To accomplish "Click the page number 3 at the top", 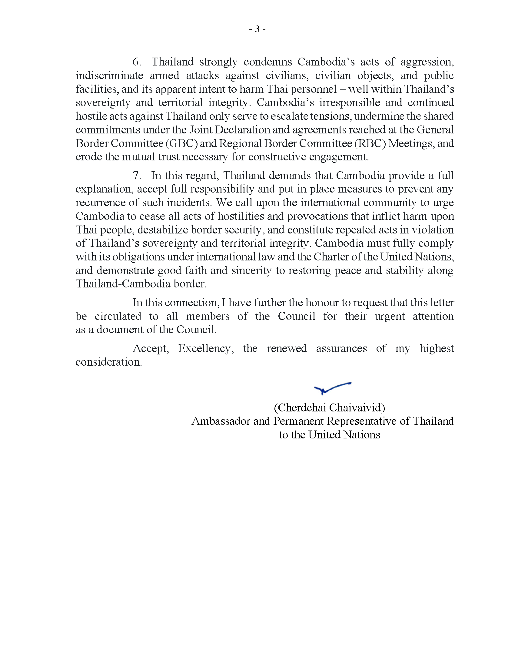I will tap(257, 29).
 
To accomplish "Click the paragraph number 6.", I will tap(136, 62).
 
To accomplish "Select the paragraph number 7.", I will tap(136, 176).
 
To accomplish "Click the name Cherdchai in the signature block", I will tap(301, 408).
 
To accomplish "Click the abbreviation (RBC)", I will tap(370, 143).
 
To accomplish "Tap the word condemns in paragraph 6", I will tap(267, 62).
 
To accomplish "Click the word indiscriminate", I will tap(110, 75).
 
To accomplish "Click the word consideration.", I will tap(109, 362).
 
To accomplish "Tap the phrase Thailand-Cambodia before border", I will tap(123, 284).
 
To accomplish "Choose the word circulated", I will tap(118, 316).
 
